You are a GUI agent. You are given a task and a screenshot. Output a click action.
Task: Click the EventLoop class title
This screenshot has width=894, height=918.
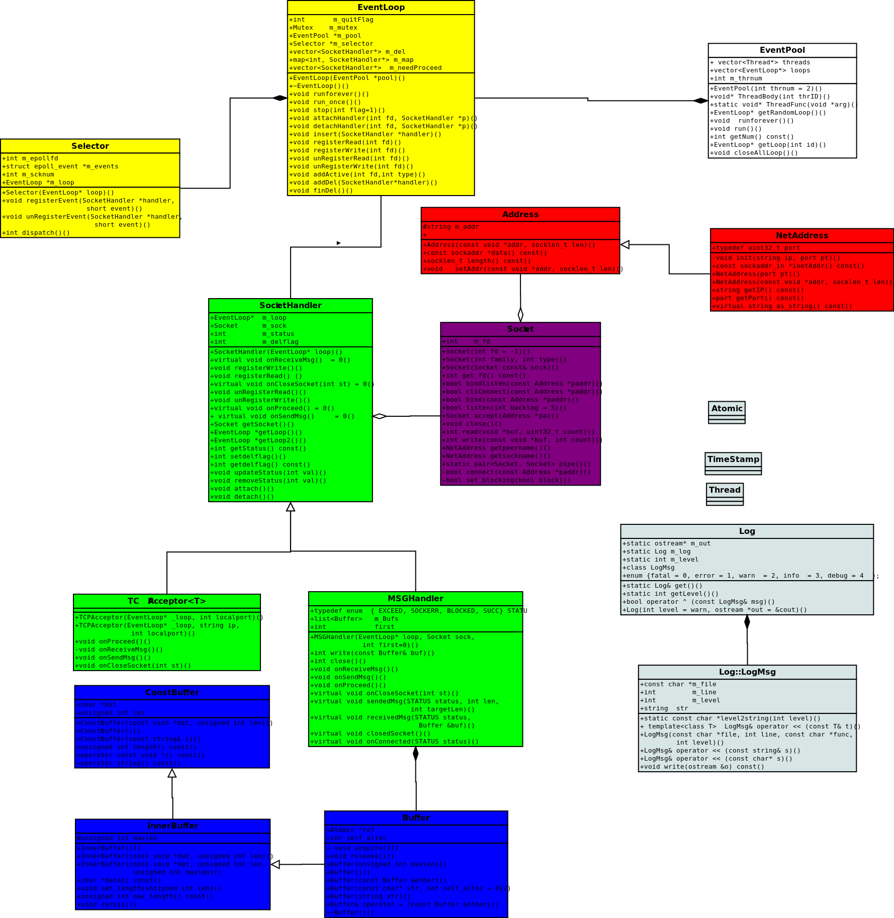coord(381,8)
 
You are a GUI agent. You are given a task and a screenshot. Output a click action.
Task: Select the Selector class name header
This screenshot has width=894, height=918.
coord(90,146)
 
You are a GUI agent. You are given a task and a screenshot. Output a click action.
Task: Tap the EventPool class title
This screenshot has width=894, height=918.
coord(782,50)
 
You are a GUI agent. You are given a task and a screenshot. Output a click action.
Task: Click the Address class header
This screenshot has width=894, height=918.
coord(520,215)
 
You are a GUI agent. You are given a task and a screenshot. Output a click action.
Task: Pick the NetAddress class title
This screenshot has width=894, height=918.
coord(801,236)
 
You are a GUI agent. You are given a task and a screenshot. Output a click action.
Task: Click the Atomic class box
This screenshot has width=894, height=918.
coord(727,409)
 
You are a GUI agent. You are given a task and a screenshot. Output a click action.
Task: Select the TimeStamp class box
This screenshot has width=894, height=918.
coord(733,460)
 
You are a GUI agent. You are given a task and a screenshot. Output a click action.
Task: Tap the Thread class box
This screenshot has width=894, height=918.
coord(725,490)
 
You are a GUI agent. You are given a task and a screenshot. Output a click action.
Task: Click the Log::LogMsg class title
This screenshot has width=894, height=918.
coord(747,672)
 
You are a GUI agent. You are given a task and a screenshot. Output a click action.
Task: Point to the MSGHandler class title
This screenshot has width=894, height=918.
coord(415,599)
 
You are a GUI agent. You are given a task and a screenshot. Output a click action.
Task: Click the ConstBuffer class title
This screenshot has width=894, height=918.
coord(172,693)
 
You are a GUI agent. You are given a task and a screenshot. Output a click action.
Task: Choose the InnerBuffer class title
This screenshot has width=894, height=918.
coord(172,826)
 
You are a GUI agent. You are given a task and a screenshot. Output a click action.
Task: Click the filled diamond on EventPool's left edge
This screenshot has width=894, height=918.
coord(700,101)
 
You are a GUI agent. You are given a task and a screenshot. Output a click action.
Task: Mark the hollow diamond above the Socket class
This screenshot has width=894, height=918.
coord(520,315)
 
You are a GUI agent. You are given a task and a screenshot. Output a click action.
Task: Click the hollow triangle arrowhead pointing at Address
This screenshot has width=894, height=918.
coord(625,245)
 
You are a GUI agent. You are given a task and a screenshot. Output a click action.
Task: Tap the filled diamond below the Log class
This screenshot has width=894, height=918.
coord(747,622)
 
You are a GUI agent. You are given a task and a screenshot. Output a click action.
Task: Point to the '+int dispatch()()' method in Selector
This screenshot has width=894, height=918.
coord(36,233)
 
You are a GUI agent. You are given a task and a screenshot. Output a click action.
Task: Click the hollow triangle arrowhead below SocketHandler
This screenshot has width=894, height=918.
coord(291,507)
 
